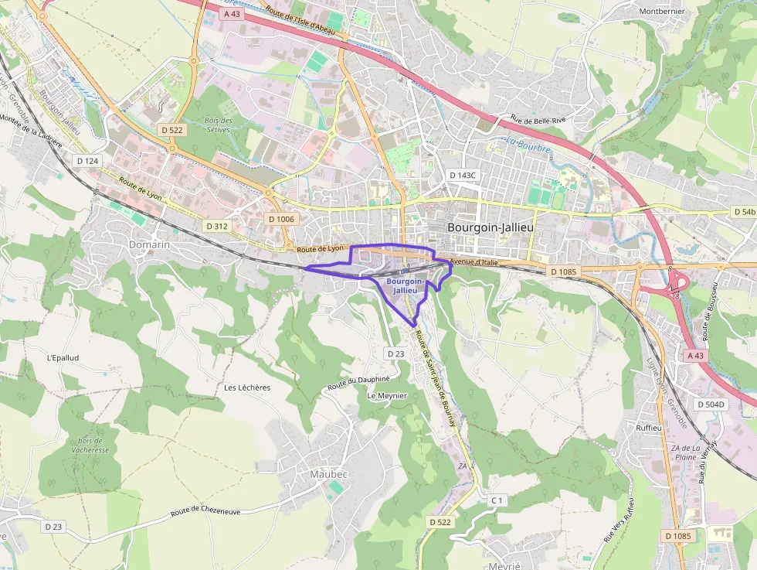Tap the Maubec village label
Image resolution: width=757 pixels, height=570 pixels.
[x=328, y=473]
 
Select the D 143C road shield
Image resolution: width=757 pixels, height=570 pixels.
[x=463, y=175]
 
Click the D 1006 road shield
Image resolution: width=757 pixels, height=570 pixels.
[x=281, y=219]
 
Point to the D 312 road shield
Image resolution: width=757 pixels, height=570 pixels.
[x=217, y=226]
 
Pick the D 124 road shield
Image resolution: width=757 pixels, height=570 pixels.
[x=88, y=160]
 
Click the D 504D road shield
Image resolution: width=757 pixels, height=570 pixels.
[x=710, y=404]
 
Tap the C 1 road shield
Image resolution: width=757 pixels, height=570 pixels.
[x=497, y=500]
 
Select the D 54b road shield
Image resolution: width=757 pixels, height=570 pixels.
[x=744, y=211]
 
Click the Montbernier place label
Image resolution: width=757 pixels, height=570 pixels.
[x=662, y=12]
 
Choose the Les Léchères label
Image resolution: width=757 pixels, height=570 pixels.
[x=247, y=387]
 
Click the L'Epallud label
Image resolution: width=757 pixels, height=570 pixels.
[x=63, y=358]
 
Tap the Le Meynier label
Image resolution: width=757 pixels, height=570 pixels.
[x=387, y=395]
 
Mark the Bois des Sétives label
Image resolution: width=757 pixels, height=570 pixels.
[x=219, y=125]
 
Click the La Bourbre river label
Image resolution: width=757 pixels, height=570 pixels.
[x=528, y=145]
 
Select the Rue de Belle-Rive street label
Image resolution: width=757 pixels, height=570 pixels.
[x=538, y=120]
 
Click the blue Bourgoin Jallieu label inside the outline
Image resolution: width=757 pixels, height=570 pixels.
[x=405, y=286]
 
